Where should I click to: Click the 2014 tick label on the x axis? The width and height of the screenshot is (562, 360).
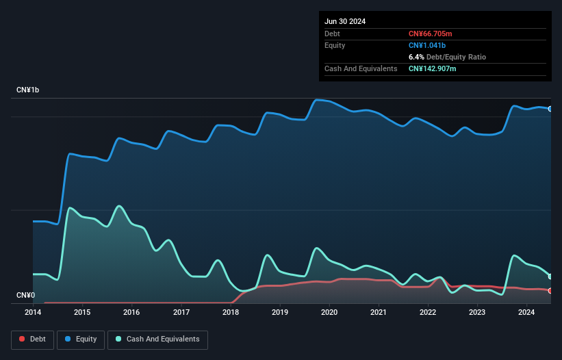33,313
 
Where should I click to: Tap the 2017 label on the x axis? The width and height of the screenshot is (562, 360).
181,313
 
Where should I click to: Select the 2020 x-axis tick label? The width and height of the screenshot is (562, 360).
329,313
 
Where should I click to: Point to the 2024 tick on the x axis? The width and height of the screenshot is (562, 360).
526,313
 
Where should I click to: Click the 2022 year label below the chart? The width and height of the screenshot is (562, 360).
428,313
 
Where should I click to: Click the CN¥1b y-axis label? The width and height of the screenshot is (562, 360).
28,90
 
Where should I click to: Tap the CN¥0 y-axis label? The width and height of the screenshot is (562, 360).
25,296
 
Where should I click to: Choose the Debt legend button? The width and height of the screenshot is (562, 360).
32,339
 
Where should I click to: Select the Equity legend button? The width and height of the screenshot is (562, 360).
81,339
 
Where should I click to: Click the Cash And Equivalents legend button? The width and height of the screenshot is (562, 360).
157,339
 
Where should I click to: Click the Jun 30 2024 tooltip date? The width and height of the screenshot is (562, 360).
345,21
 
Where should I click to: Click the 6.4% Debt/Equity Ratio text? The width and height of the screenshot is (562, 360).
447,57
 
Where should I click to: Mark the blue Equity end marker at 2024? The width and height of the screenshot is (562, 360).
550,109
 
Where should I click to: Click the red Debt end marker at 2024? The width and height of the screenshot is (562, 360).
550,291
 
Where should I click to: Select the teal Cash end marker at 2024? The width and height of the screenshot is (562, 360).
550,277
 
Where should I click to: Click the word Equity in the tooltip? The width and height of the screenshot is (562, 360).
335,45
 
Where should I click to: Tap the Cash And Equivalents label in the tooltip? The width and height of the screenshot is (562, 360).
361,68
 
